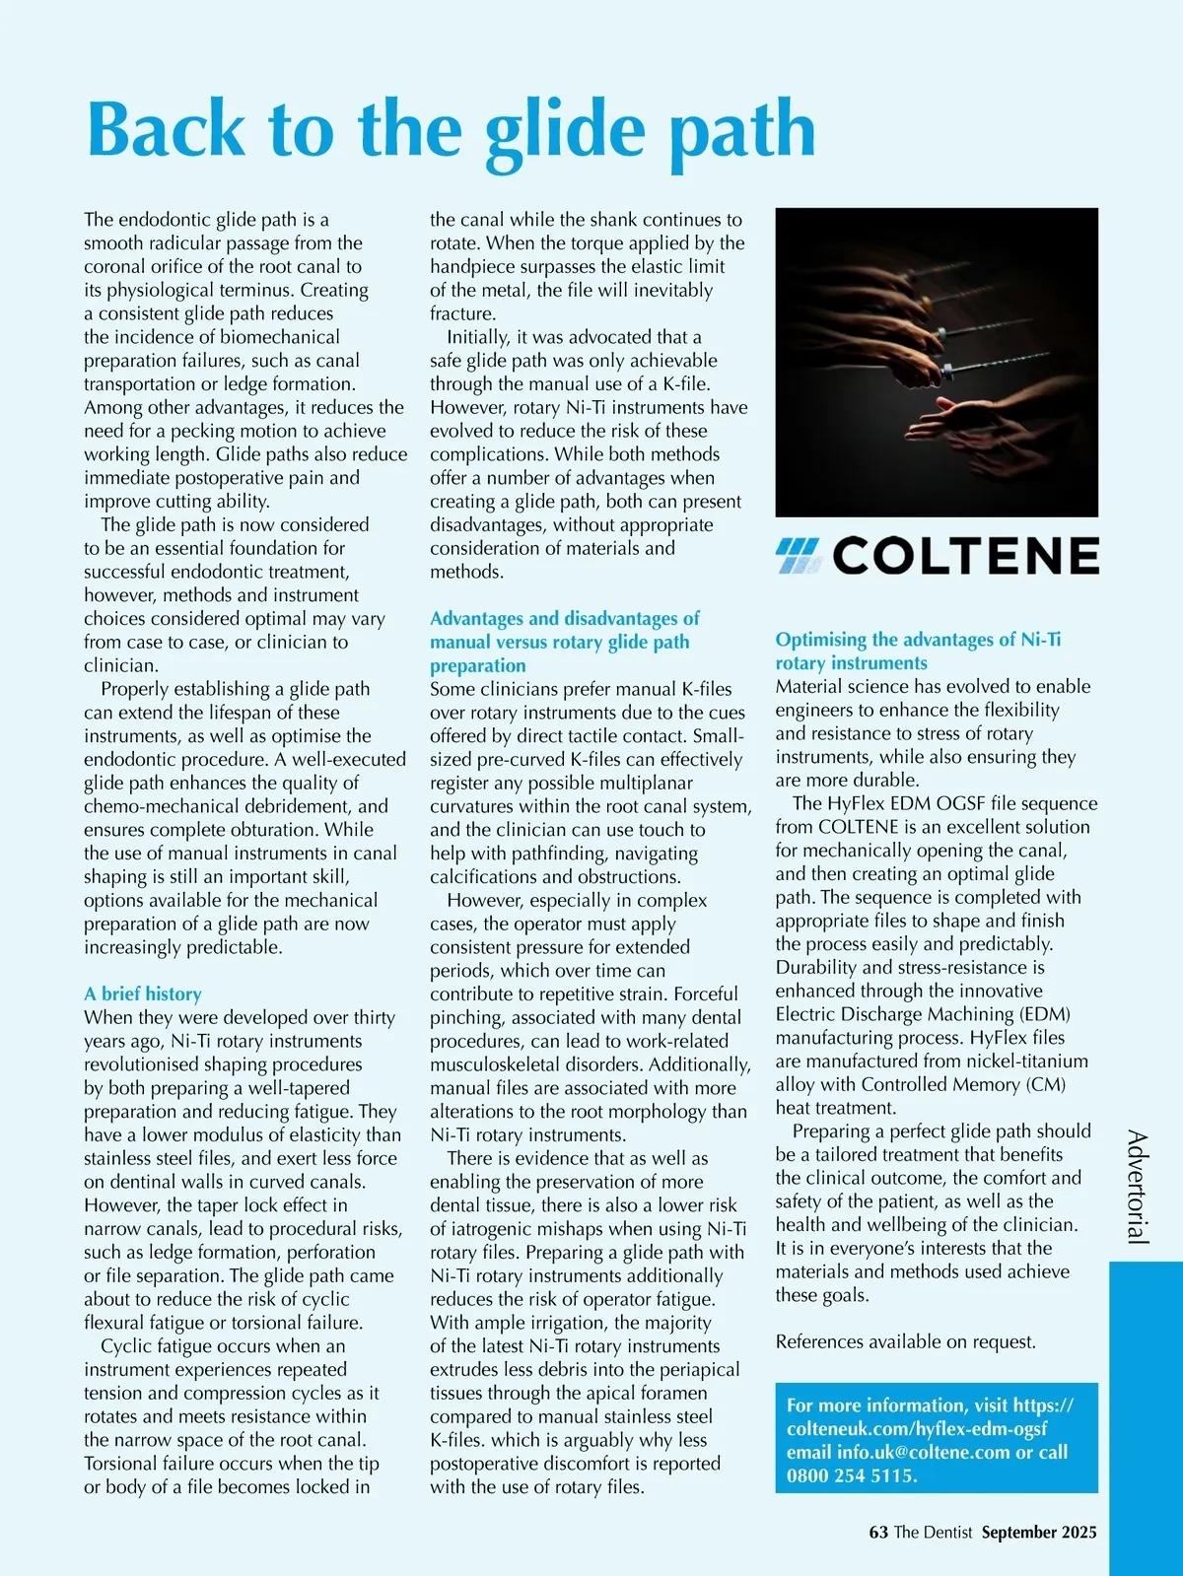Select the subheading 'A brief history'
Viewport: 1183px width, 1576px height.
(x=143, y=994)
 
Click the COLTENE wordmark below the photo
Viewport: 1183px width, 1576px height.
(x=966, y=557)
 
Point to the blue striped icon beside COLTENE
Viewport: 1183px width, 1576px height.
(x=798, y=557)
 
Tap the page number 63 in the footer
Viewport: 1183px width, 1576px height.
(x=878, y=1532)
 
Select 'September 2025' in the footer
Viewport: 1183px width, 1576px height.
(x=1039, y=1532)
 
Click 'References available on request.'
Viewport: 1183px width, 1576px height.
(x=906, y=1341)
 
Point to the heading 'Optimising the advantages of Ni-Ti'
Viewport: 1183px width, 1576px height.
(x=918, y=640)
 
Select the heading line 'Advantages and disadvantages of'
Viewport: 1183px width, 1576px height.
(x=565, y=618)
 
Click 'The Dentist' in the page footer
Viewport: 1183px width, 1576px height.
(x=933, y=1532)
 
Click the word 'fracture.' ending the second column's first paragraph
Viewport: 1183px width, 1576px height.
(x=462, y=313)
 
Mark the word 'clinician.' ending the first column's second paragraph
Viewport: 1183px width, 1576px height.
(x=121, y=665)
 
